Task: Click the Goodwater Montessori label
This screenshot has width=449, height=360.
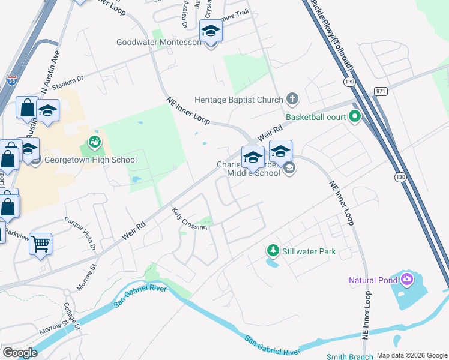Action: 160,43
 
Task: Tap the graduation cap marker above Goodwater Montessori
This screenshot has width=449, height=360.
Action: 211,30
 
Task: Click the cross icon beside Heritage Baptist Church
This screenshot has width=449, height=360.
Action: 292,98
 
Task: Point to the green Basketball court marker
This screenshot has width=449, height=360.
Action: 354,116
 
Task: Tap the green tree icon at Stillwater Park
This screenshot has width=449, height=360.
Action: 273,250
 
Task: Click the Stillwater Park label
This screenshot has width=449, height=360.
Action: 310,251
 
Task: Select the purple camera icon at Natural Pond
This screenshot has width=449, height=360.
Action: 407,279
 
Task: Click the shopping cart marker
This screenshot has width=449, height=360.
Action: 41,244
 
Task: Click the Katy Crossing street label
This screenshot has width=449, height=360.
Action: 189,219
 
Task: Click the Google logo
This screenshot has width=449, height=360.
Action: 19,353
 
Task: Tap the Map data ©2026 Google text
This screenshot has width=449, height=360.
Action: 412,356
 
